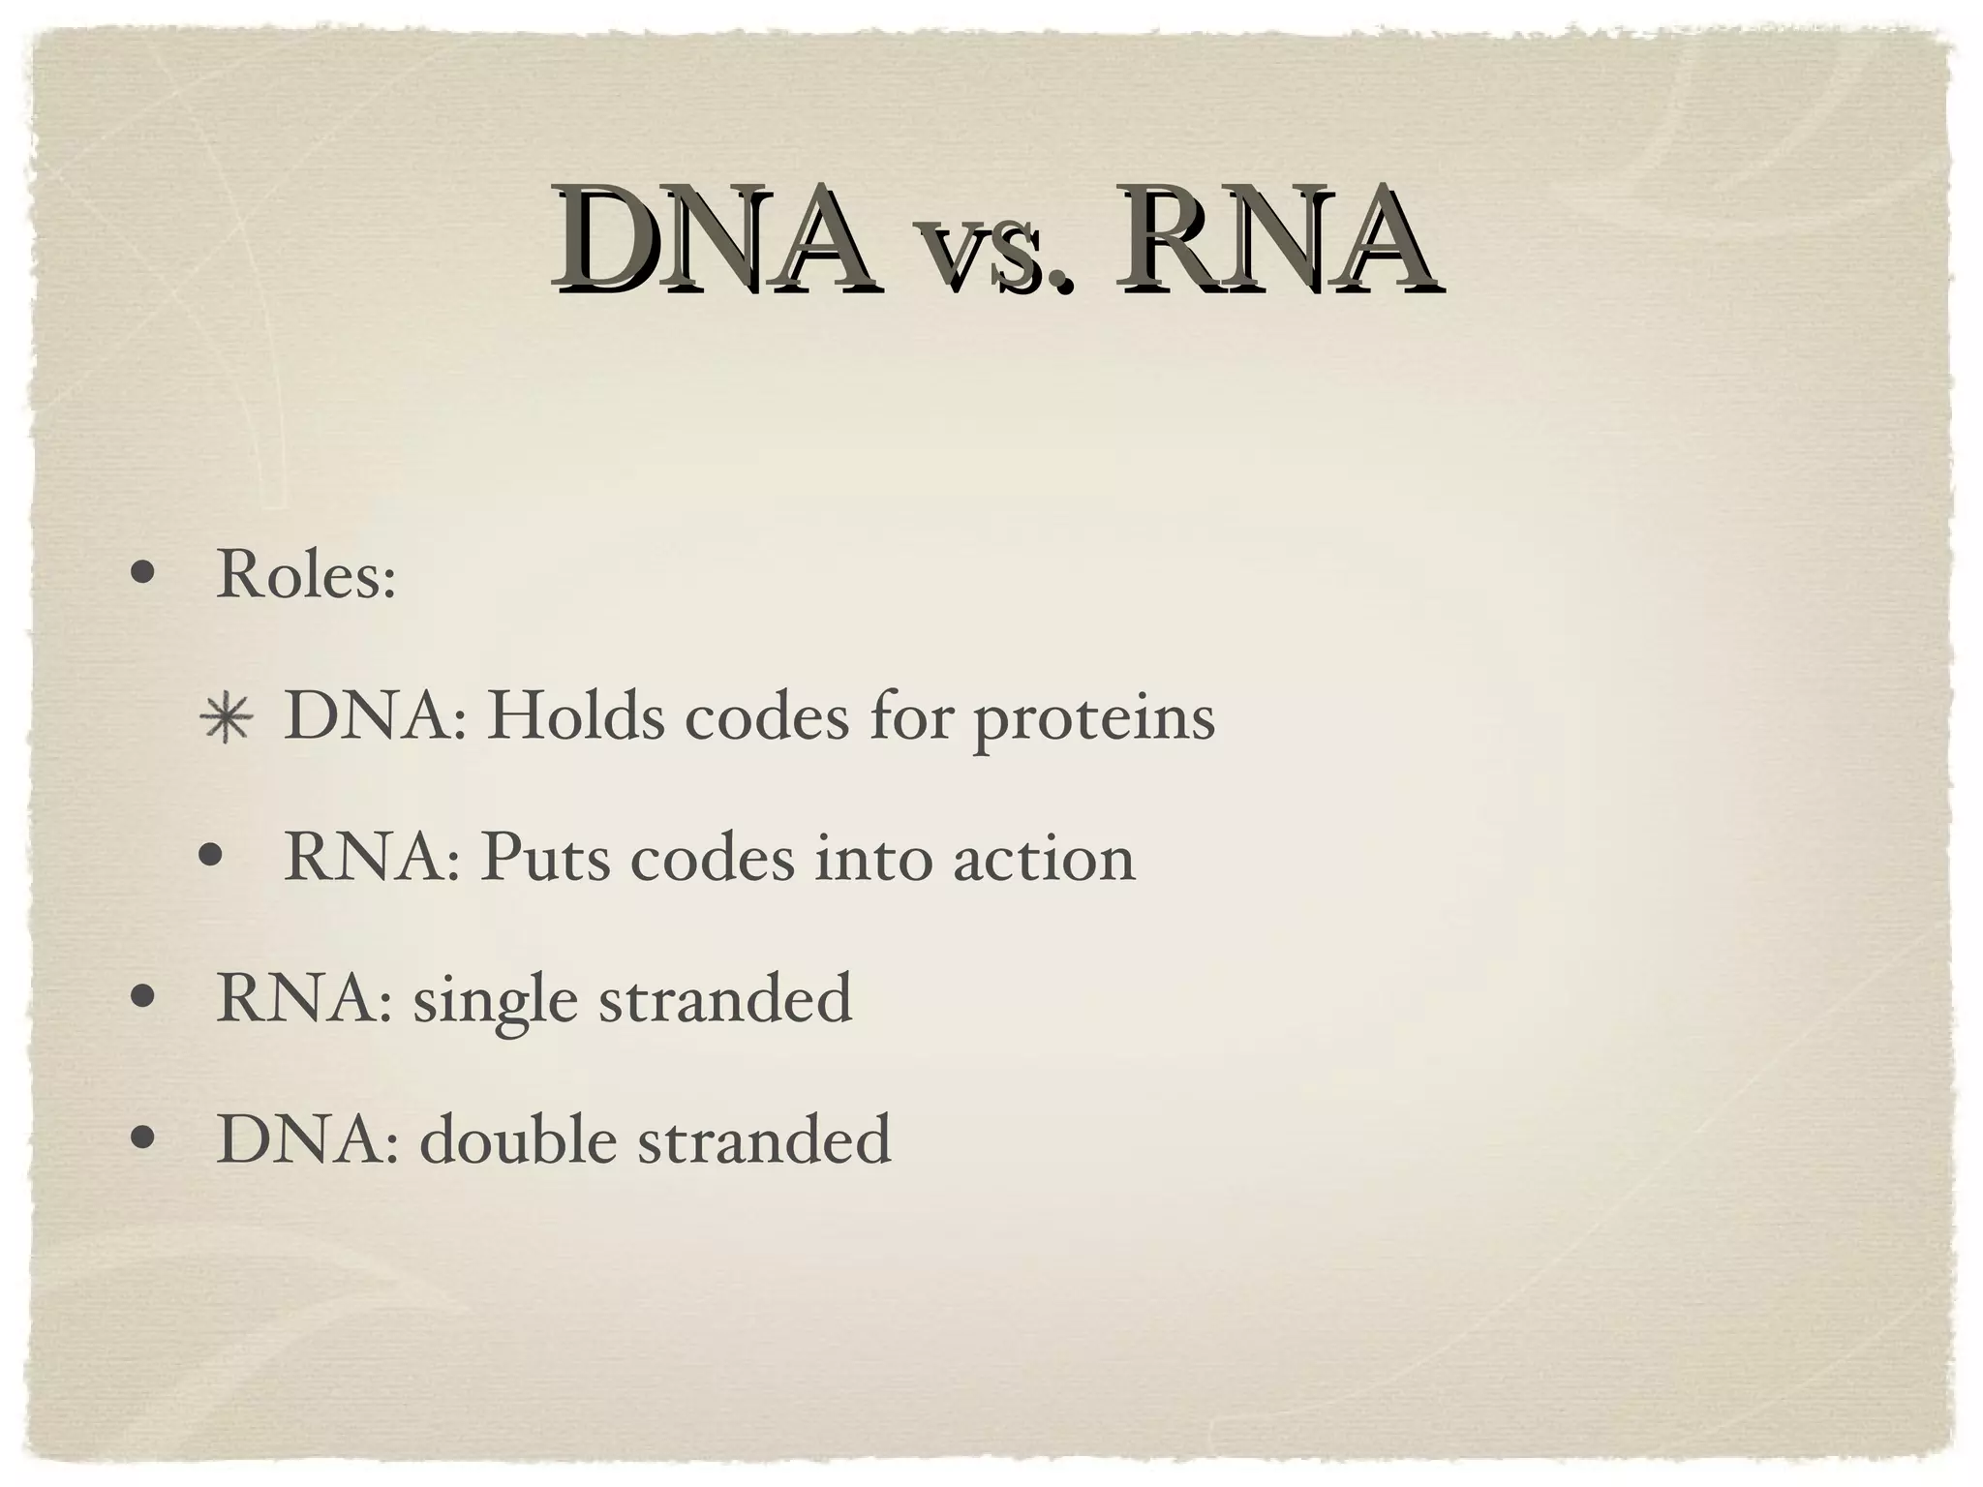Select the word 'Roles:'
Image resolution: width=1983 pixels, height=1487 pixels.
click(306, 575)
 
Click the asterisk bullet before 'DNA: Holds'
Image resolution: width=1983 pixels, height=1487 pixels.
click(226, 719)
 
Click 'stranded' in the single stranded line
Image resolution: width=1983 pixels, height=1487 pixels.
click(725, 999)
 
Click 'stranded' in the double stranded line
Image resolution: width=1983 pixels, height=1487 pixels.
click(764, 1139)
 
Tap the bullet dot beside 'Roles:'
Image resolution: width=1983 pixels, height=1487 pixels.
click(142, 577)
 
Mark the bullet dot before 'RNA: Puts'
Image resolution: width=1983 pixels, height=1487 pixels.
click(210, 859)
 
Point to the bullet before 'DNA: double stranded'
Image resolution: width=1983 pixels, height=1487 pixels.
click(142, 1139)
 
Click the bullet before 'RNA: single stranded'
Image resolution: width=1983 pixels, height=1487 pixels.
click(142, 998)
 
